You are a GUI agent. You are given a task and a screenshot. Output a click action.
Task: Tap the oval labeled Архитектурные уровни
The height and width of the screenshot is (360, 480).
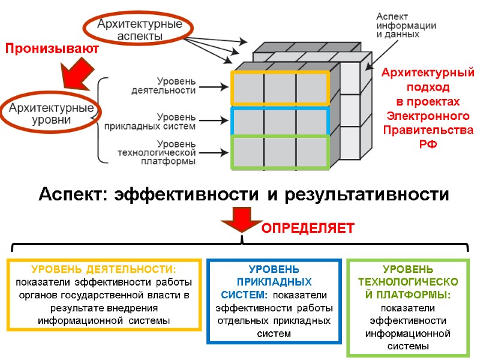51,114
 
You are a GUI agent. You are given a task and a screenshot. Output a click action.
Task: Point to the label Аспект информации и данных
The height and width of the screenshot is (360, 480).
406,25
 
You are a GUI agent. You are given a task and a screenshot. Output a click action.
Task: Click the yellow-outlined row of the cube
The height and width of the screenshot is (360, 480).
280,88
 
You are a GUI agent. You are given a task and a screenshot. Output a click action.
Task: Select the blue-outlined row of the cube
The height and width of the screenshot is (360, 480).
280,121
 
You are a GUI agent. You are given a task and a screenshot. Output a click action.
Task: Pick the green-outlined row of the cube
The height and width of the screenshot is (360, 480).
280,152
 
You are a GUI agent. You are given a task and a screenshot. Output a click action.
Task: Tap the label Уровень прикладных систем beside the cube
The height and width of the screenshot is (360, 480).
158,122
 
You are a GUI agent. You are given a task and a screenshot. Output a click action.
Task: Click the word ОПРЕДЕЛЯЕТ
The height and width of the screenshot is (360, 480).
308,229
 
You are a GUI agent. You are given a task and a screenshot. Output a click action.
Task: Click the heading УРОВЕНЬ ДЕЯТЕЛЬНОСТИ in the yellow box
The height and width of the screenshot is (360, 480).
104,269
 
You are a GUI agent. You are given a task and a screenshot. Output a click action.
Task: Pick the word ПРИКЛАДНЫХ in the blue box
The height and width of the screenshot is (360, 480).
274,281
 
